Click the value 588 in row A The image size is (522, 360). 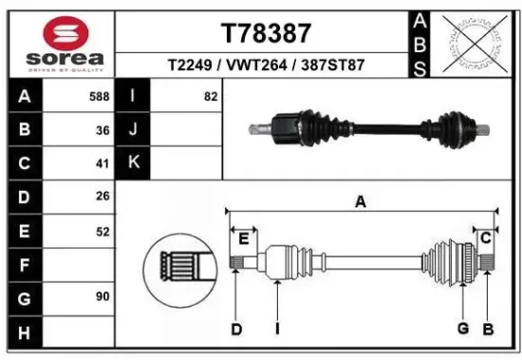point(97,97)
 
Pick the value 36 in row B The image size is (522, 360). point(103,130)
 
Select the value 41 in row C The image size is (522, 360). point(103,162)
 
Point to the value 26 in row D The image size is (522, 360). point(103,197)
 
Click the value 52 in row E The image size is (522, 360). point(103,230)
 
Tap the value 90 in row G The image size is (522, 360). point(103,297)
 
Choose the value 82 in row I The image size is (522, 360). point(210,97)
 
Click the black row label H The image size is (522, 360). point(24,332)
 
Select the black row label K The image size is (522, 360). point(133,162)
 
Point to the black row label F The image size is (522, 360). point(24,264)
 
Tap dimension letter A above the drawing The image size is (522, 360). point(361,201)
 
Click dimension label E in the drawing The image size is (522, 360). point(243,237)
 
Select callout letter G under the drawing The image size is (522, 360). point(463,330)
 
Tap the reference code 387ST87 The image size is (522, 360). point(333,66)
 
